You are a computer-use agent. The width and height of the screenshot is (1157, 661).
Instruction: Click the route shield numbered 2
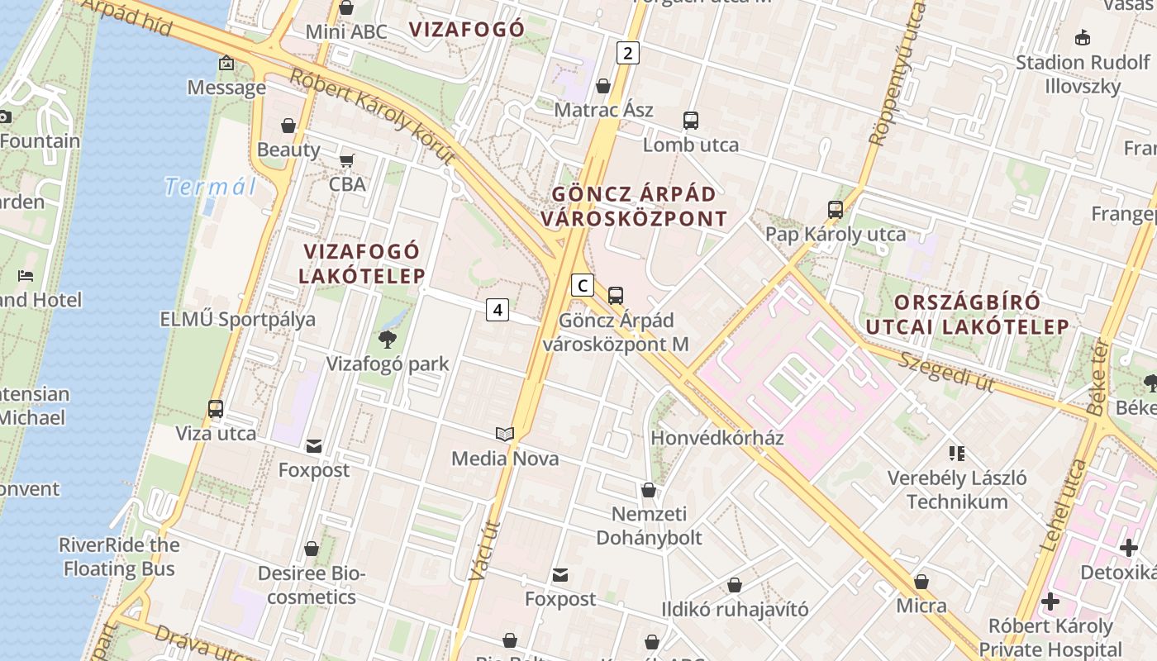628,54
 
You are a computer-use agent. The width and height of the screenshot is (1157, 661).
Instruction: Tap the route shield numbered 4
497,310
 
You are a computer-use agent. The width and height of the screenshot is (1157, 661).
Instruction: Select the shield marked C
583,286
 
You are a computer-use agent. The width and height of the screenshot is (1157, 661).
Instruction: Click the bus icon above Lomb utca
691,121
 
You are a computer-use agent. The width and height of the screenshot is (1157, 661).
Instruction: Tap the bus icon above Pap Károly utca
836,210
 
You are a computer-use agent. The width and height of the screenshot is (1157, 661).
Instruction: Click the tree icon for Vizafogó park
387,339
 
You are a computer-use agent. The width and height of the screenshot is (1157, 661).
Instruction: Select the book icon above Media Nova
504,434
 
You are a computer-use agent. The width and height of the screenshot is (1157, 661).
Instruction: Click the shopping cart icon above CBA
347,159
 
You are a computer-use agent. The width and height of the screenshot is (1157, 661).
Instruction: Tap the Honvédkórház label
717,438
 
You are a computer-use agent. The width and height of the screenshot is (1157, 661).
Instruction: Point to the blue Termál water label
210,187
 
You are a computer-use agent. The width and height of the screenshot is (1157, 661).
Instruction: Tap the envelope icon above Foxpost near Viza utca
314,446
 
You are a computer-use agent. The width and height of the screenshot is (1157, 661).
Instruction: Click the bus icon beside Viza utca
216,409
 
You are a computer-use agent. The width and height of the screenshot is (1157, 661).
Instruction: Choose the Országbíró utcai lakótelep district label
967,314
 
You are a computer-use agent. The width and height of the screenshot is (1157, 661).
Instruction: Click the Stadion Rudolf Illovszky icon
1083,37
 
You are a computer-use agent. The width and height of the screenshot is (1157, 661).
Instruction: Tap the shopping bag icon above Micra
921,582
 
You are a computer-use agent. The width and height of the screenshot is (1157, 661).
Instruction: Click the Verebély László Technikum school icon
957,453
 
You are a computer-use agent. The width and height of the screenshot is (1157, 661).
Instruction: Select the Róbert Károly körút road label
372,116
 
